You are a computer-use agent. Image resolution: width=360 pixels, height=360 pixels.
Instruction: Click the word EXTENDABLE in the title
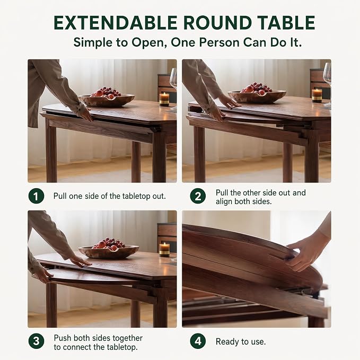pyautogui.click(x=115, y=23)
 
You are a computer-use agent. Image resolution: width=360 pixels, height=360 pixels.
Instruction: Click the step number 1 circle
pyautogui.click(x=36, y=196)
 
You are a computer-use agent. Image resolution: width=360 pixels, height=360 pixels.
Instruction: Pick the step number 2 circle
pyautogui.click(x=198, y=196)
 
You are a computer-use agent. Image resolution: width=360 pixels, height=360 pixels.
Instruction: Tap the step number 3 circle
pyautogui.click(x=36, y=341)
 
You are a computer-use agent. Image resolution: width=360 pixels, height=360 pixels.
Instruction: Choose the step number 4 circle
pyautogui.click(x=198, y=341)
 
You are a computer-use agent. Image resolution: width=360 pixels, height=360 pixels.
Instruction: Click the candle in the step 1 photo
pyautogui.click(x=164, y=100)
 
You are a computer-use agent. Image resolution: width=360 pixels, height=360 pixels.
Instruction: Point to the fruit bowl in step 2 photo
pyautogui.click(x=257, y=93)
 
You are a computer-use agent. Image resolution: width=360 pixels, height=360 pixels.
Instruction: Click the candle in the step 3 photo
pyautogui.click(x=164, y=249)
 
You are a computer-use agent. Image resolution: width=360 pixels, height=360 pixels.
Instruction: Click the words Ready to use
pyautogui.click(x=241, y=341)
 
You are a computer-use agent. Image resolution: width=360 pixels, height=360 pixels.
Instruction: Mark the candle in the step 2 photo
pyautogui.click(x=317, y=95)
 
